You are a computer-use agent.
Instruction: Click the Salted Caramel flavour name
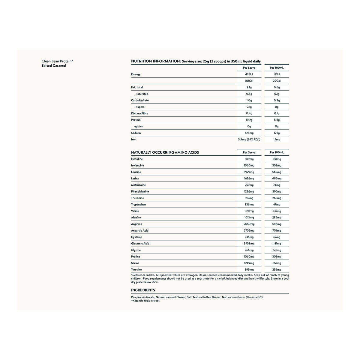pyautogui.click(x=54, y=66)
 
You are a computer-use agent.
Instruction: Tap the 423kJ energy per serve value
pyautogui.click(x=249, y=74)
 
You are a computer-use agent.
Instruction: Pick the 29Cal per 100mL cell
pyautogui.click(x=277, y=81)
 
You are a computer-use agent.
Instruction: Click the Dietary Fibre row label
pyautogui.click(x=139, y=113)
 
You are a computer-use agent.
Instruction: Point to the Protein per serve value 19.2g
pyautogui.click(x=249, y=120)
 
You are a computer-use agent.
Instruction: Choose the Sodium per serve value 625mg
pyautogui.click(x=249, y=133)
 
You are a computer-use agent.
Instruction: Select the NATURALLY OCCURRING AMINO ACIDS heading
pyautogui.click(x=165, y=152)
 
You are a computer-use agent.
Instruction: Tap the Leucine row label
pyautogui.click(x=136, y=172)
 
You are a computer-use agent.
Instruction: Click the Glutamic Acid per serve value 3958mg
pyautogui.click(x=249, y=244)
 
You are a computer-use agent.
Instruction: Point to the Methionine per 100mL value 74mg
pyautogui.click(x=277, y=185)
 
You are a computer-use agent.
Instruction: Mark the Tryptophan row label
pyautogui.click(x=138, y=205)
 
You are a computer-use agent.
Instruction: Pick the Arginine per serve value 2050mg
pyautogui.click(x=249, y=224)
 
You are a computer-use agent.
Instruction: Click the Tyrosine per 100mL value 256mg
pyautogui.click(x=277, y=270)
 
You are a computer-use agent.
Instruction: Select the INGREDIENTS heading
pyautogui.click(x=143, y=290)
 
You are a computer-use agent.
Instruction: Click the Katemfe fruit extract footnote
pyautogui.click(x=146, y=301)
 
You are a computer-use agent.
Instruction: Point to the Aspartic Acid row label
pyautogui.click(x=140, y=231)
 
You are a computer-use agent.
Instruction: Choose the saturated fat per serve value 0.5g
pyautogui.click(x=249, y=94)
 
